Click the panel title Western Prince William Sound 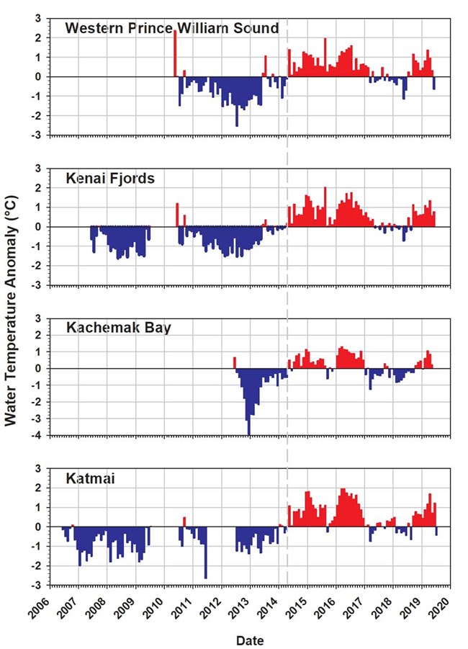(171, 29)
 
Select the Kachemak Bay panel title (118, 328)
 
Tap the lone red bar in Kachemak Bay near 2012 (234, 362)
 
